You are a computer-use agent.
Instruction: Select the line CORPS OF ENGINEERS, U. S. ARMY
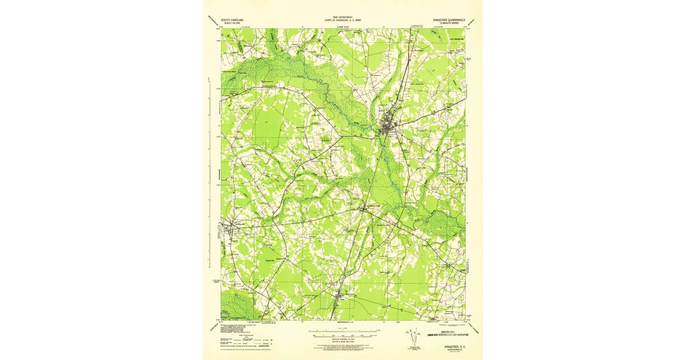(x=342, y=21)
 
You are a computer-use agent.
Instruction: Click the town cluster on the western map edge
(x=229, y=227)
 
